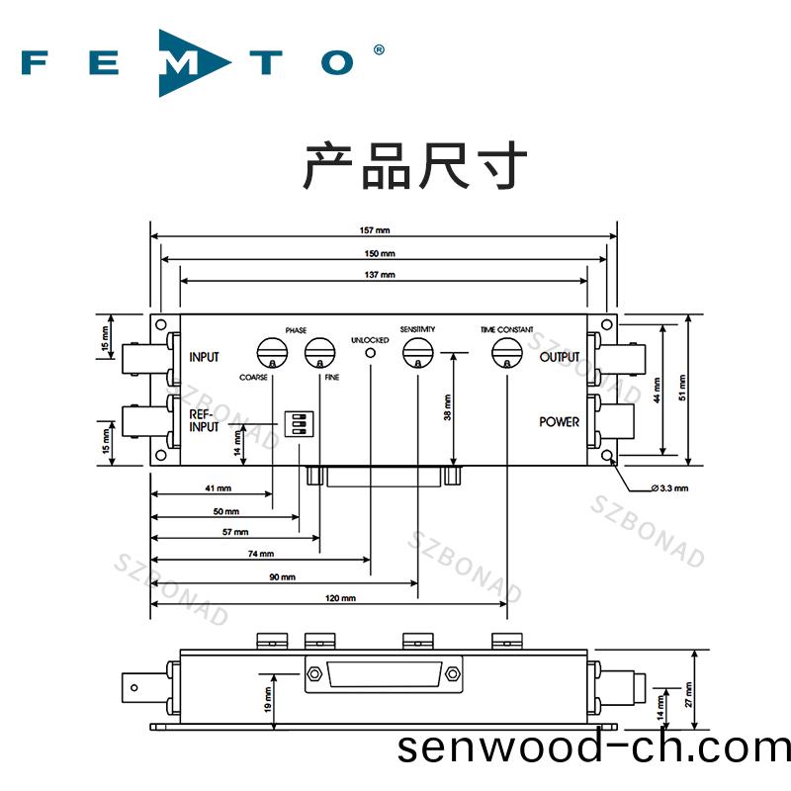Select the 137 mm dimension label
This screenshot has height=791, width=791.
coord(380,274)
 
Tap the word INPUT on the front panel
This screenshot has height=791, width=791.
coord(204,357)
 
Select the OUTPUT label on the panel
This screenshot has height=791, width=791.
coord(560,357)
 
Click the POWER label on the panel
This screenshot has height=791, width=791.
coord(560,422)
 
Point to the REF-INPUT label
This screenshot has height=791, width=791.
coord(205,421)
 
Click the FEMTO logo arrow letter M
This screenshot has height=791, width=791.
coord(187,62)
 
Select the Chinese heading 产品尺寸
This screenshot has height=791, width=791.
coord(414,165)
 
